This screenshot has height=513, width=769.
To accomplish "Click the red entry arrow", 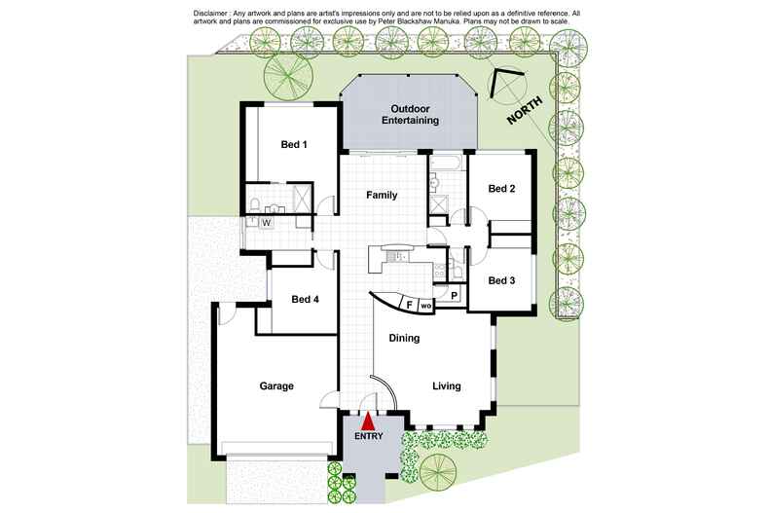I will pos(368,421).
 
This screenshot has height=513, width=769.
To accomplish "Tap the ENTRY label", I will pos(368,437).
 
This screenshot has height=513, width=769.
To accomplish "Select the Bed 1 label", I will pos(294,145).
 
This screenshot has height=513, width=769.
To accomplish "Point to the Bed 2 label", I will pos(501,189).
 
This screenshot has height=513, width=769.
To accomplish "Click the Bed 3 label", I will pos(501,280).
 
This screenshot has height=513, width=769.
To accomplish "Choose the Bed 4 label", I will pos(306,300).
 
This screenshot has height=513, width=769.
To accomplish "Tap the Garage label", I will pos(276,386).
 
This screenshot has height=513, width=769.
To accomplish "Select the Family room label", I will pos(382,196).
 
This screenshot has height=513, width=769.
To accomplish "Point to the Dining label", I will pos(404,339).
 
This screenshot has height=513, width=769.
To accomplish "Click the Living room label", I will pos(447,386).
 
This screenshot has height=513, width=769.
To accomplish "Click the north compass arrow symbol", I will pos(506,85).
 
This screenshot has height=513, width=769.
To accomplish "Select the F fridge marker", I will pos(409,305).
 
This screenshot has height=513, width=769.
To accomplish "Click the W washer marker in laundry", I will pos(266,223).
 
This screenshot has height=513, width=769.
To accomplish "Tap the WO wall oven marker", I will pos(426,306).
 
